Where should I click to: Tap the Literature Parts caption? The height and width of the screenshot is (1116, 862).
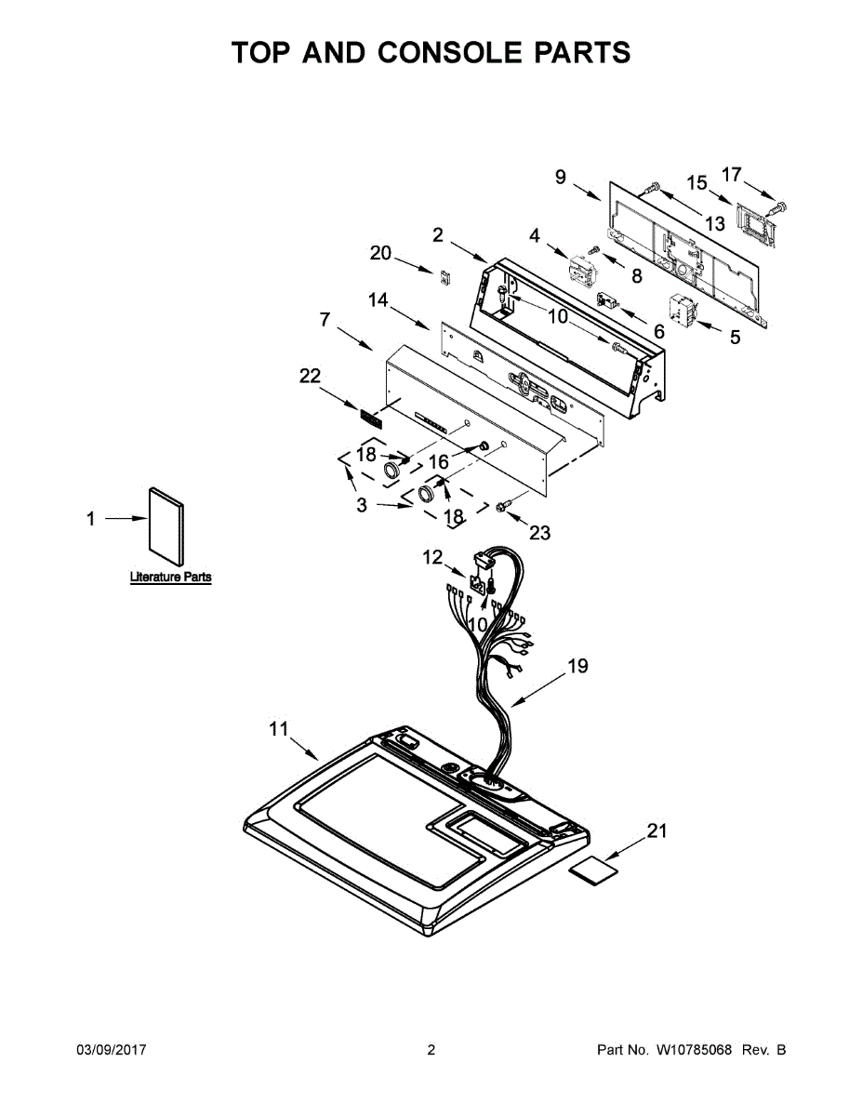click(170, 578)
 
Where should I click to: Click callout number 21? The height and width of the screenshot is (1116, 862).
click(656, 831)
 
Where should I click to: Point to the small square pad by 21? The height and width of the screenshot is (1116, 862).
click(594, 870)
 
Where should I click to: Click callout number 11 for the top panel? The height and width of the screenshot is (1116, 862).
click(279, 729)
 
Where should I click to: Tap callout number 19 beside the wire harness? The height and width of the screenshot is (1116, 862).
click(577, 666)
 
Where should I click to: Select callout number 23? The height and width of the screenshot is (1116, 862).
click(539, 532)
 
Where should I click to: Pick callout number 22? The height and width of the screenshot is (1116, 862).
click(310, 376)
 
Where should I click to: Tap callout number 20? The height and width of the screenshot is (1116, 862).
click(381, 252)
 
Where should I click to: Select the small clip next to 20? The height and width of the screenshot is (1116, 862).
click(445, 275)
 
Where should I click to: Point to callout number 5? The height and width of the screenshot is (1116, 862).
click(735, 338)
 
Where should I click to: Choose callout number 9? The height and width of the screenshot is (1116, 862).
click(560, 176)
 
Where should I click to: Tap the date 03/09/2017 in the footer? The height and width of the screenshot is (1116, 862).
click(111, 1051)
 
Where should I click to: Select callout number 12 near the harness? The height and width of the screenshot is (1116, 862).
click(432, 557)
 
